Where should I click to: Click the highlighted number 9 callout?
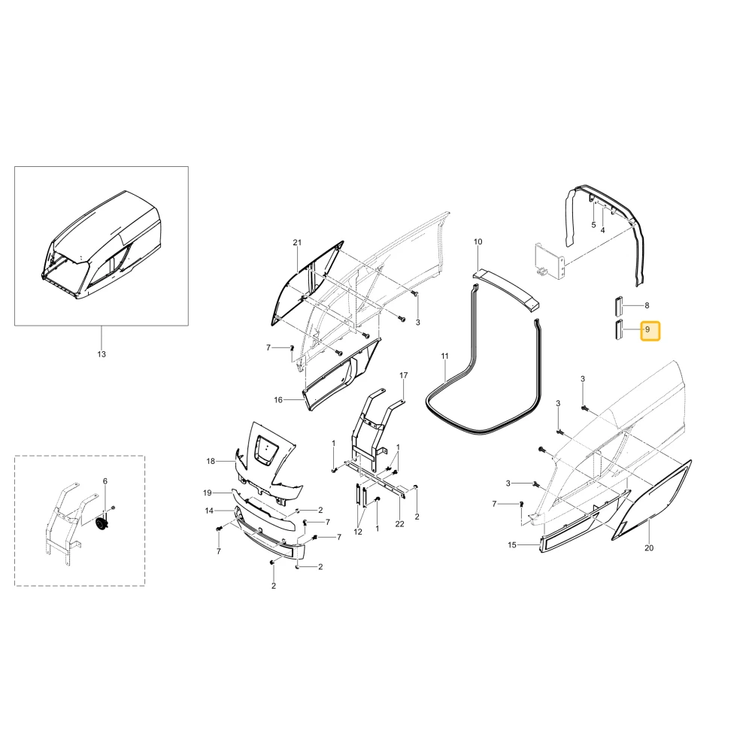point(650,330)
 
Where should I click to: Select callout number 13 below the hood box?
point(102,354)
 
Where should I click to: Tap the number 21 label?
point(297,242)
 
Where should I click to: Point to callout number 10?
point(478,241)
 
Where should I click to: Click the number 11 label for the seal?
point(445,356)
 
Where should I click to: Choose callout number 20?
point(649,547)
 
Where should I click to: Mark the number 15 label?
point(512,544)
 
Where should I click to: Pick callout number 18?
point(211,462)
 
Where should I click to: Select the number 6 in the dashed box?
point(105,481)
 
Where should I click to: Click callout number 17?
point(404,375)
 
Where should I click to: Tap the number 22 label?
point(400,524)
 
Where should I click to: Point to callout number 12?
point(358,532)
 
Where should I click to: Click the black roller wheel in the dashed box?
point(102,524)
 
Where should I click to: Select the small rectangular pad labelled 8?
point(619,306)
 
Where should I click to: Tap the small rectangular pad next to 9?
point(619,329)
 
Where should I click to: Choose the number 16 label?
point(278,400)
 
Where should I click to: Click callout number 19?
point(208,493)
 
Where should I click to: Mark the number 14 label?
point(209,511)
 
